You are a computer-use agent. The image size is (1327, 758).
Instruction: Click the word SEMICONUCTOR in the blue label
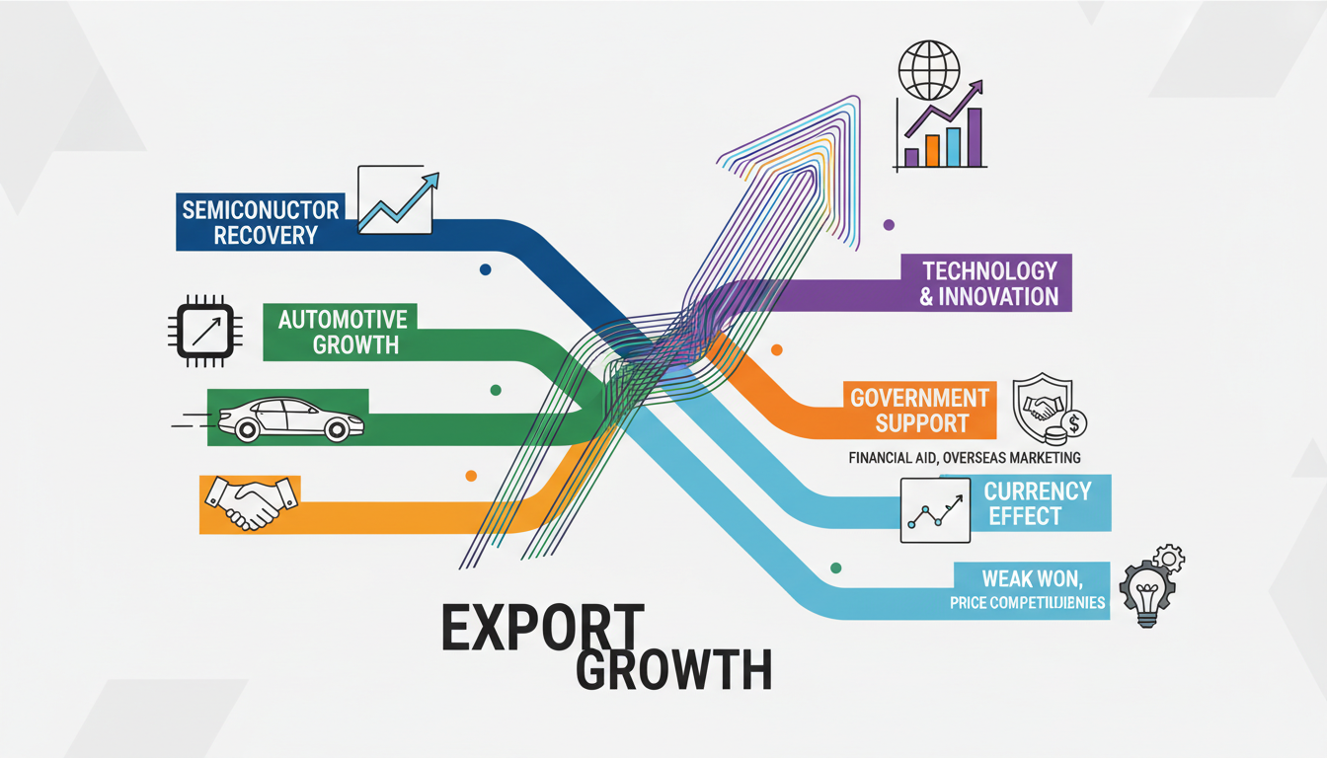coord(261,208)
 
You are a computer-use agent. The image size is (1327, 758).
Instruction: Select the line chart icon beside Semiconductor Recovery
coord(396,200)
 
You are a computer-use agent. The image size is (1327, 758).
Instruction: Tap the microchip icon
coord(206,330)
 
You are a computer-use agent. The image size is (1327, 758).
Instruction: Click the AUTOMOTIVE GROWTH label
coord(343,332)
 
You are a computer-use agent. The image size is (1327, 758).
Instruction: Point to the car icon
coord(291,418)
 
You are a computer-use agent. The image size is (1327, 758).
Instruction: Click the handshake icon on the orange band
coord(251,502)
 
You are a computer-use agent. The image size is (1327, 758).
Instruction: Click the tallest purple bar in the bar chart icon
coord(975,137)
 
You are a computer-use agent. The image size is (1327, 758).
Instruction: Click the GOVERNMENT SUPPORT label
coord(918,411)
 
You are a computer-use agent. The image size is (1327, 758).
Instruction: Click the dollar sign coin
coord(1075,424)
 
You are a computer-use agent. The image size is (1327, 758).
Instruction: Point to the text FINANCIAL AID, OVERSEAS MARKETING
coord(964,458)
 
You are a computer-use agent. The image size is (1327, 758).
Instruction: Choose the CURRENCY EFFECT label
coord(1037,503)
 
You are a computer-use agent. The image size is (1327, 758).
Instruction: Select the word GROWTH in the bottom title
coord(672,671)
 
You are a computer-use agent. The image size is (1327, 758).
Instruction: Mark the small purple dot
coord(889,225)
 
